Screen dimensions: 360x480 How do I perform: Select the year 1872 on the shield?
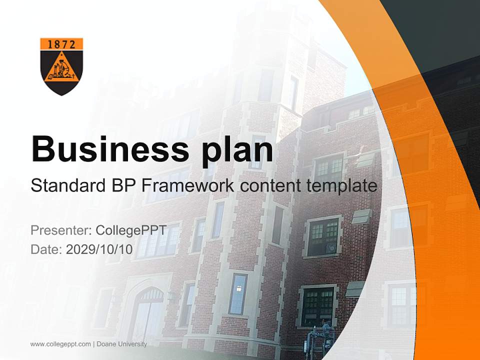61,44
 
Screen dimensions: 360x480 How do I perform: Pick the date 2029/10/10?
99,249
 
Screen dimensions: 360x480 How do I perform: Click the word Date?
45,249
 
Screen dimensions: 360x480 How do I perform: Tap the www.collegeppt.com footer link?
60,344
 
